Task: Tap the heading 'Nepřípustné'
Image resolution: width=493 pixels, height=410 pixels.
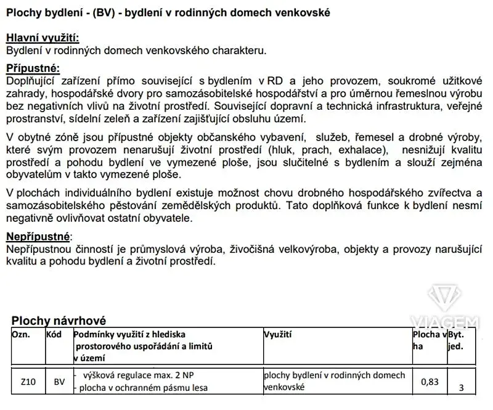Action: coord(38,237)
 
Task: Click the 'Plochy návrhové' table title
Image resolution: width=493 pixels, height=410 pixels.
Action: coord(59,321)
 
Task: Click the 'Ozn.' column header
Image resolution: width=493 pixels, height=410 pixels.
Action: coord(22,334)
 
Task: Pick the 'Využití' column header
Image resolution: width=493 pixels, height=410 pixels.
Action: coord(278,334)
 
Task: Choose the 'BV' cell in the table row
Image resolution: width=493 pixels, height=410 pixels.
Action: coord(59,382)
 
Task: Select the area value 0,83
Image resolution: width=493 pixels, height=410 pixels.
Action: coord(430,382)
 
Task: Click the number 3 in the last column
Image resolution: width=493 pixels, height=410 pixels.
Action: coord(461,388)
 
